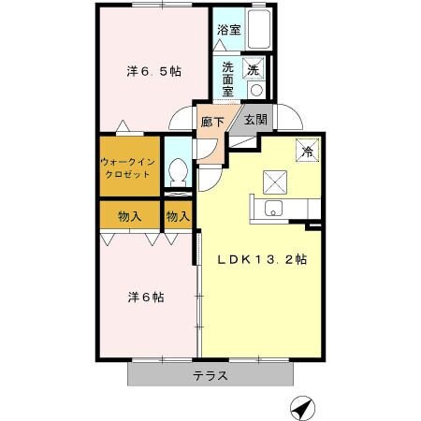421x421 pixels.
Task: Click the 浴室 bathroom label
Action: pos(229,30)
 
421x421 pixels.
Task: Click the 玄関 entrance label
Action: pos(255,119)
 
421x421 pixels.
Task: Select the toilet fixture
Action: pos(177,170)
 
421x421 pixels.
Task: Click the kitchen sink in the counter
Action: pos(273,209)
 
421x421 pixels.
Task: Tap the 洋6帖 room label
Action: pos(147,298)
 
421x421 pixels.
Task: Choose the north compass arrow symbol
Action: pos(301,408)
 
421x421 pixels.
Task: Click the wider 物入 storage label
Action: pos(130,216)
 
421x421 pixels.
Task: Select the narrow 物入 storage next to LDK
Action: pos(178,216)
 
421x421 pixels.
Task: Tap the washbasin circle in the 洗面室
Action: pos(255,90)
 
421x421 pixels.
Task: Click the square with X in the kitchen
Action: pos(273,179)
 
